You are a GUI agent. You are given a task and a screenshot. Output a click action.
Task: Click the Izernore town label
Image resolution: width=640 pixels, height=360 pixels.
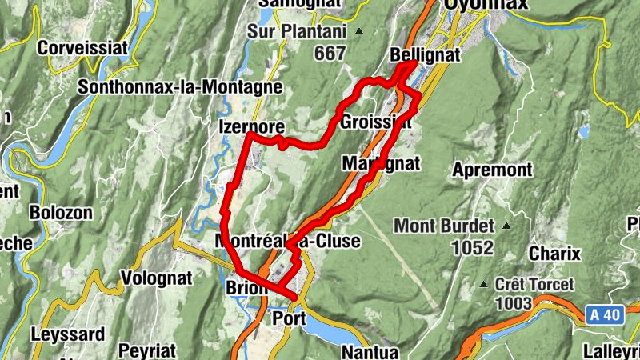251,126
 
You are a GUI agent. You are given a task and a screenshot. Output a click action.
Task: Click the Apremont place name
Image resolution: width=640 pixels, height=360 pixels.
492,170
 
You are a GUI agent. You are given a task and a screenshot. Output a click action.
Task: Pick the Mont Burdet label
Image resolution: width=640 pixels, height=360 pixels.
445,225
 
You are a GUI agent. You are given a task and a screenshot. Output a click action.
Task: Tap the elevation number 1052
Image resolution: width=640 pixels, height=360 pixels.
472,248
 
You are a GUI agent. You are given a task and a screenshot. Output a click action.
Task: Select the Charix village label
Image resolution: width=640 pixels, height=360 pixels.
554,254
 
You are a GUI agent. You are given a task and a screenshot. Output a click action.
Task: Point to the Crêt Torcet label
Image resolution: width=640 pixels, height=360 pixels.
534,285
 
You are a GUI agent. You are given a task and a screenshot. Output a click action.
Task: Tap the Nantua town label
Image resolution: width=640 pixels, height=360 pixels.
370,351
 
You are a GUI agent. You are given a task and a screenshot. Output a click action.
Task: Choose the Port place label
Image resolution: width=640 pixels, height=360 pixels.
290,319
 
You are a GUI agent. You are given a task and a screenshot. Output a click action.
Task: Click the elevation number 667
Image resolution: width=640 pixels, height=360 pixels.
330,54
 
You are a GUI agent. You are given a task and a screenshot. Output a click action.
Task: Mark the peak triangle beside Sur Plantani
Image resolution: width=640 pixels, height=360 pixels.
359,33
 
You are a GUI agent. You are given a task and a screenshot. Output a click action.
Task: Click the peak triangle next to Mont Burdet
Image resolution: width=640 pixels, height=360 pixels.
505,226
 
